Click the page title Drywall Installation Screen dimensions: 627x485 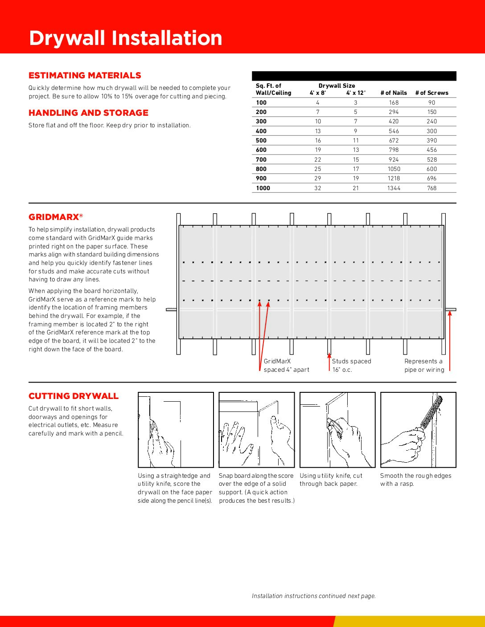click(125, 38)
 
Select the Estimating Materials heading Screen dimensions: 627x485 click(85, 75)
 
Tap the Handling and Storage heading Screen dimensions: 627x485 click(88, 113)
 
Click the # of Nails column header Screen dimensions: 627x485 click(394, 93)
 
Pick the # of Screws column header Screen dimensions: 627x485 click(432, 93)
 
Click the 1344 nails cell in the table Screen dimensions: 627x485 click(394, 188)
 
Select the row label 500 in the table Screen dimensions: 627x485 click(261, 140)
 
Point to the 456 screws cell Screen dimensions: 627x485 click(432, 150)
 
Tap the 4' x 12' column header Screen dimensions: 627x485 click(356, 93)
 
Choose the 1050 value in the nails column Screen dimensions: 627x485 click(394, 169)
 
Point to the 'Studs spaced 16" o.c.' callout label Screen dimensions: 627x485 click(351, 366)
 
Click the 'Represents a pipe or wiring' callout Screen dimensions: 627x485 click(424, 366)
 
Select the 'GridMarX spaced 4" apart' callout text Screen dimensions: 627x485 click(286, 366)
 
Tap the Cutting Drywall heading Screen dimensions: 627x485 click(74, 396)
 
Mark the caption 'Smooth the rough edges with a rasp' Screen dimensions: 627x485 click(415, 480)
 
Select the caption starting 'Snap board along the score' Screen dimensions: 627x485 click(256, 488)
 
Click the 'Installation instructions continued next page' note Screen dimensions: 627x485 click(314, 596)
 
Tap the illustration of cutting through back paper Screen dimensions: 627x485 click(337, 430)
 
